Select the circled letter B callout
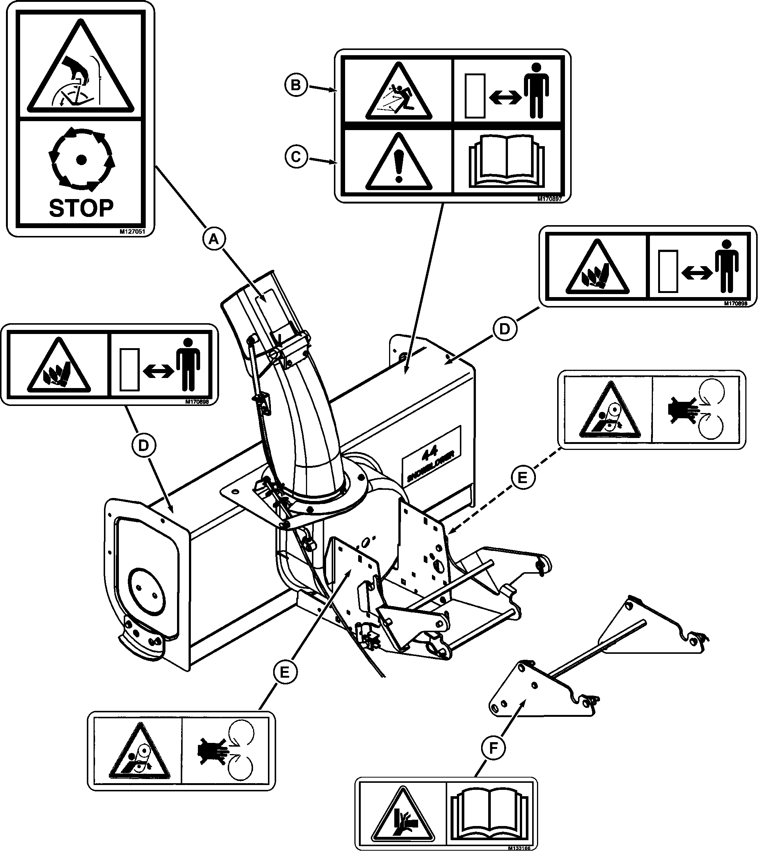(296, 85)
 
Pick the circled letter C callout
(296, 157)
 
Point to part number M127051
(132, 231)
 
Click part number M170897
(549, 199)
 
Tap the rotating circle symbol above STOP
(82, 159)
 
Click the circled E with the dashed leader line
(522, 477)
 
